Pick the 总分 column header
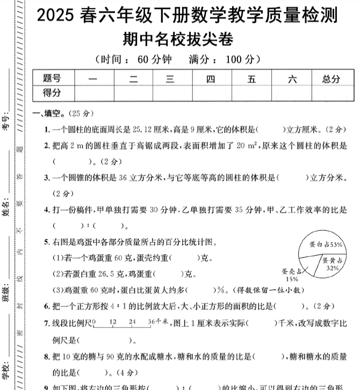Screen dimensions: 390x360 click(331, 79)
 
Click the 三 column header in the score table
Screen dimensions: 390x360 click(170, 79)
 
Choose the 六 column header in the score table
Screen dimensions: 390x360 click(292, 79)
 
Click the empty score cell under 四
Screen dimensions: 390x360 click(211, 93)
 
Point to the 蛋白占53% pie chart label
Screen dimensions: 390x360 click(326, 245)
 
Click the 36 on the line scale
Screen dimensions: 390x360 click(151, 321)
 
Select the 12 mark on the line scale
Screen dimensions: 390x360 click(113, 321)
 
